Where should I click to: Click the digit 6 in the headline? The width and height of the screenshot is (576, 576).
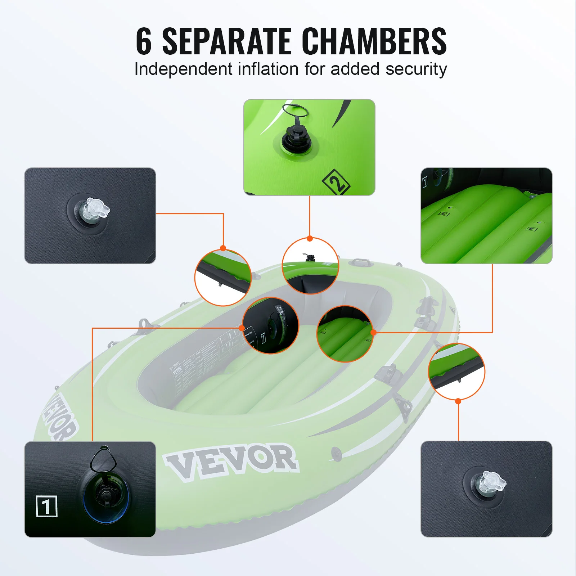click(144, 42)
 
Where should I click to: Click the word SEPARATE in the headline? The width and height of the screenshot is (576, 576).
click(227, 42)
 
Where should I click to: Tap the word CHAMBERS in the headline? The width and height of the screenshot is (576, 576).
click(374, 42)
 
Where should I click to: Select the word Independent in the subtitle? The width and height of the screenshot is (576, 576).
click(183, 69)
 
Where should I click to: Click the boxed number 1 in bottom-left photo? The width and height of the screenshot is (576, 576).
click(47, 506)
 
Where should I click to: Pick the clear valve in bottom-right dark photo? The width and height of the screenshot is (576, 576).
click(490, 483)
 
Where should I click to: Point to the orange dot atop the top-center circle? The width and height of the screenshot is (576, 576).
click(310, 238)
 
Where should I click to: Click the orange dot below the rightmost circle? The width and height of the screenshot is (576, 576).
click(458, 401)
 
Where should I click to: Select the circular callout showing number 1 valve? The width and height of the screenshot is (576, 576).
click(270, 325)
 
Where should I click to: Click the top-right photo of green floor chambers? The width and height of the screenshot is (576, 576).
click(486, 216)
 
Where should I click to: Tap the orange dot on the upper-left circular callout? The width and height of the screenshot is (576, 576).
click(223, 248)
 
